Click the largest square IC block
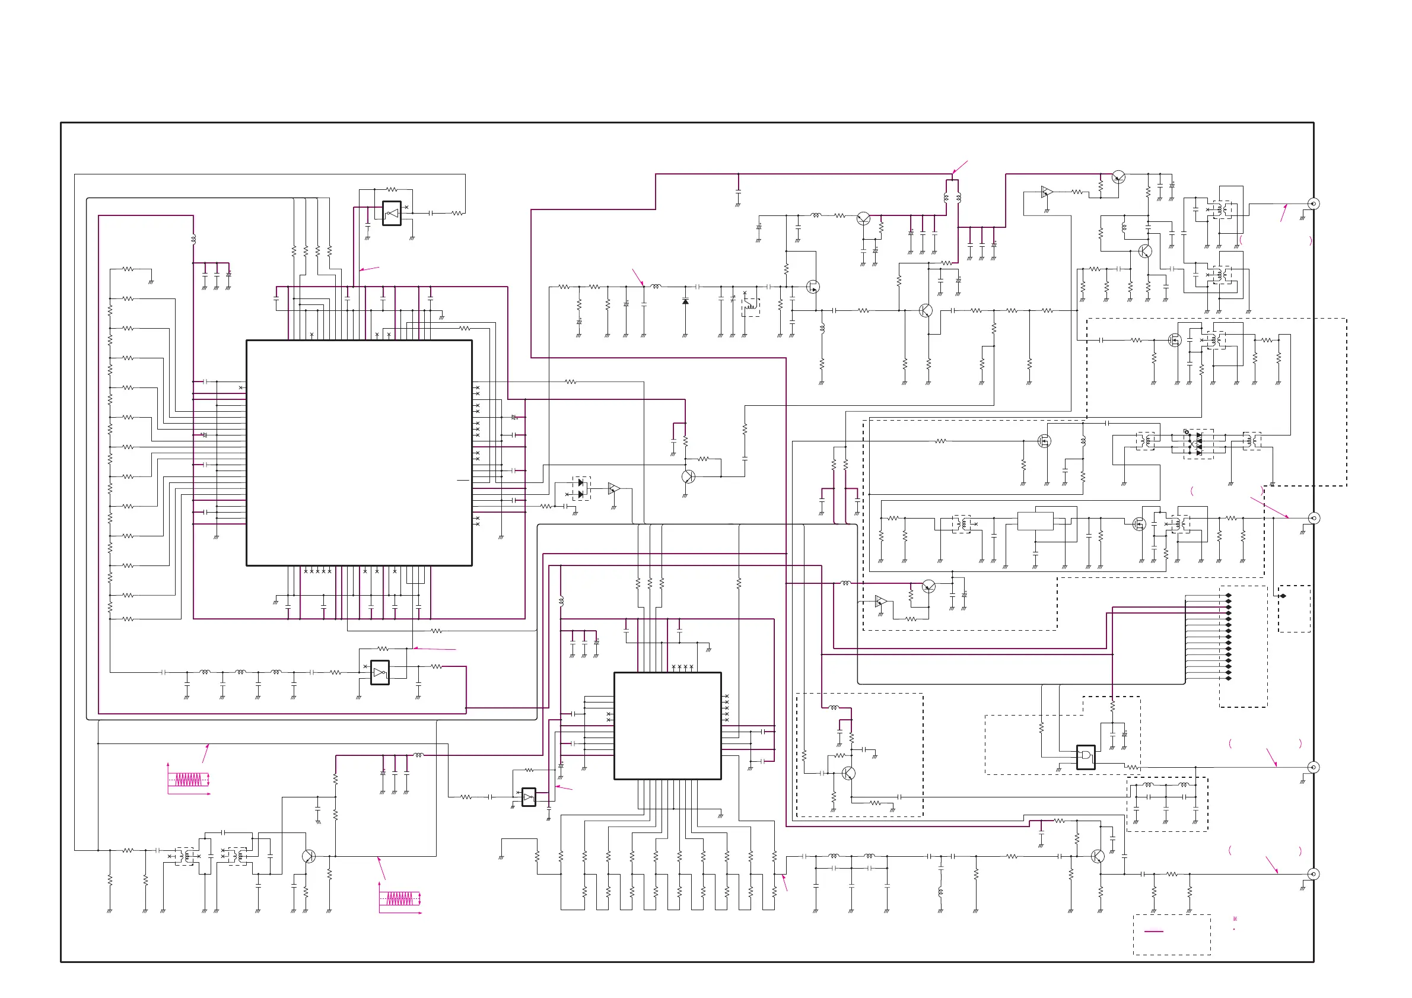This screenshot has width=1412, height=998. [359, 453]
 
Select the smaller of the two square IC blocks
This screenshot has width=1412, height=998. [667, 726]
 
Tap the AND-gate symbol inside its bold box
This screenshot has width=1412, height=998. [1086, 757]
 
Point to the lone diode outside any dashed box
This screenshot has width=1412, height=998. [685, 301]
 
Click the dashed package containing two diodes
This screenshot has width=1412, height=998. [581, 488]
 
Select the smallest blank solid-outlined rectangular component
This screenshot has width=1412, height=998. [1036, 521]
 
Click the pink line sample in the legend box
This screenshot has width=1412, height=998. [1154, 931]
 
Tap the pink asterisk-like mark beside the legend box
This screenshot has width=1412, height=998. [1235, 919]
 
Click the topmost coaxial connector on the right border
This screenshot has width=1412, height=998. [1313, 204]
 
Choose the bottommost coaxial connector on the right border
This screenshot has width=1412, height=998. [1313, 874]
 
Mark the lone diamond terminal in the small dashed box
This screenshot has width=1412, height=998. [1283, 596]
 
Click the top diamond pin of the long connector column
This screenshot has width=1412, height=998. [1229, 595]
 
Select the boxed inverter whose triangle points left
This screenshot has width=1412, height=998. [392, 214]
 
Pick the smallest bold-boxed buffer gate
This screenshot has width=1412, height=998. [528, 797]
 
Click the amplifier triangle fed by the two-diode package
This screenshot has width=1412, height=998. [613, 489]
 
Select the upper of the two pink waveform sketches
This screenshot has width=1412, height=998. [189, 780]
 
